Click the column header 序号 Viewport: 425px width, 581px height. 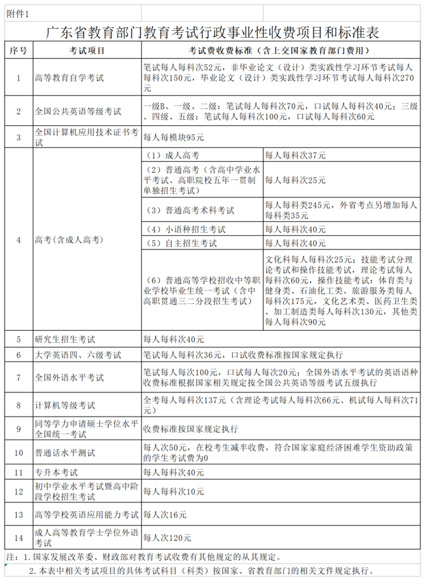point(18,50)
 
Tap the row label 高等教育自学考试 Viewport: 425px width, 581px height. point(69,78)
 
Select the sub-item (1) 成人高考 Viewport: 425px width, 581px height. point(173,156)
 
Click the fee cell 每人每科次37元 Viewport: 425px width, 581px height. point(294,156)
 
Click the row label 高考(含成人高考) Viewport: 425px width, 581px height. point(69,240)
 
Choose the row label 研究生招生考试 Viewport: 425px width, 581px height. point(65,339)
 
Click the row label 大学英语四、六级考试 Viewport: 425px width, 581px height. point(77,354)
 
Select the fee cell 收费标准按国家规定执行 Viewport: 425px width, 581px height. point(190,430)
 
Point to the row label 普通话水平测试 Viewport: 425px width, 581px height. point(65,453)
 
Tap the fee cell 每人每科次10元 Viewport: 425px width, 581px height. point(174,491)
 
